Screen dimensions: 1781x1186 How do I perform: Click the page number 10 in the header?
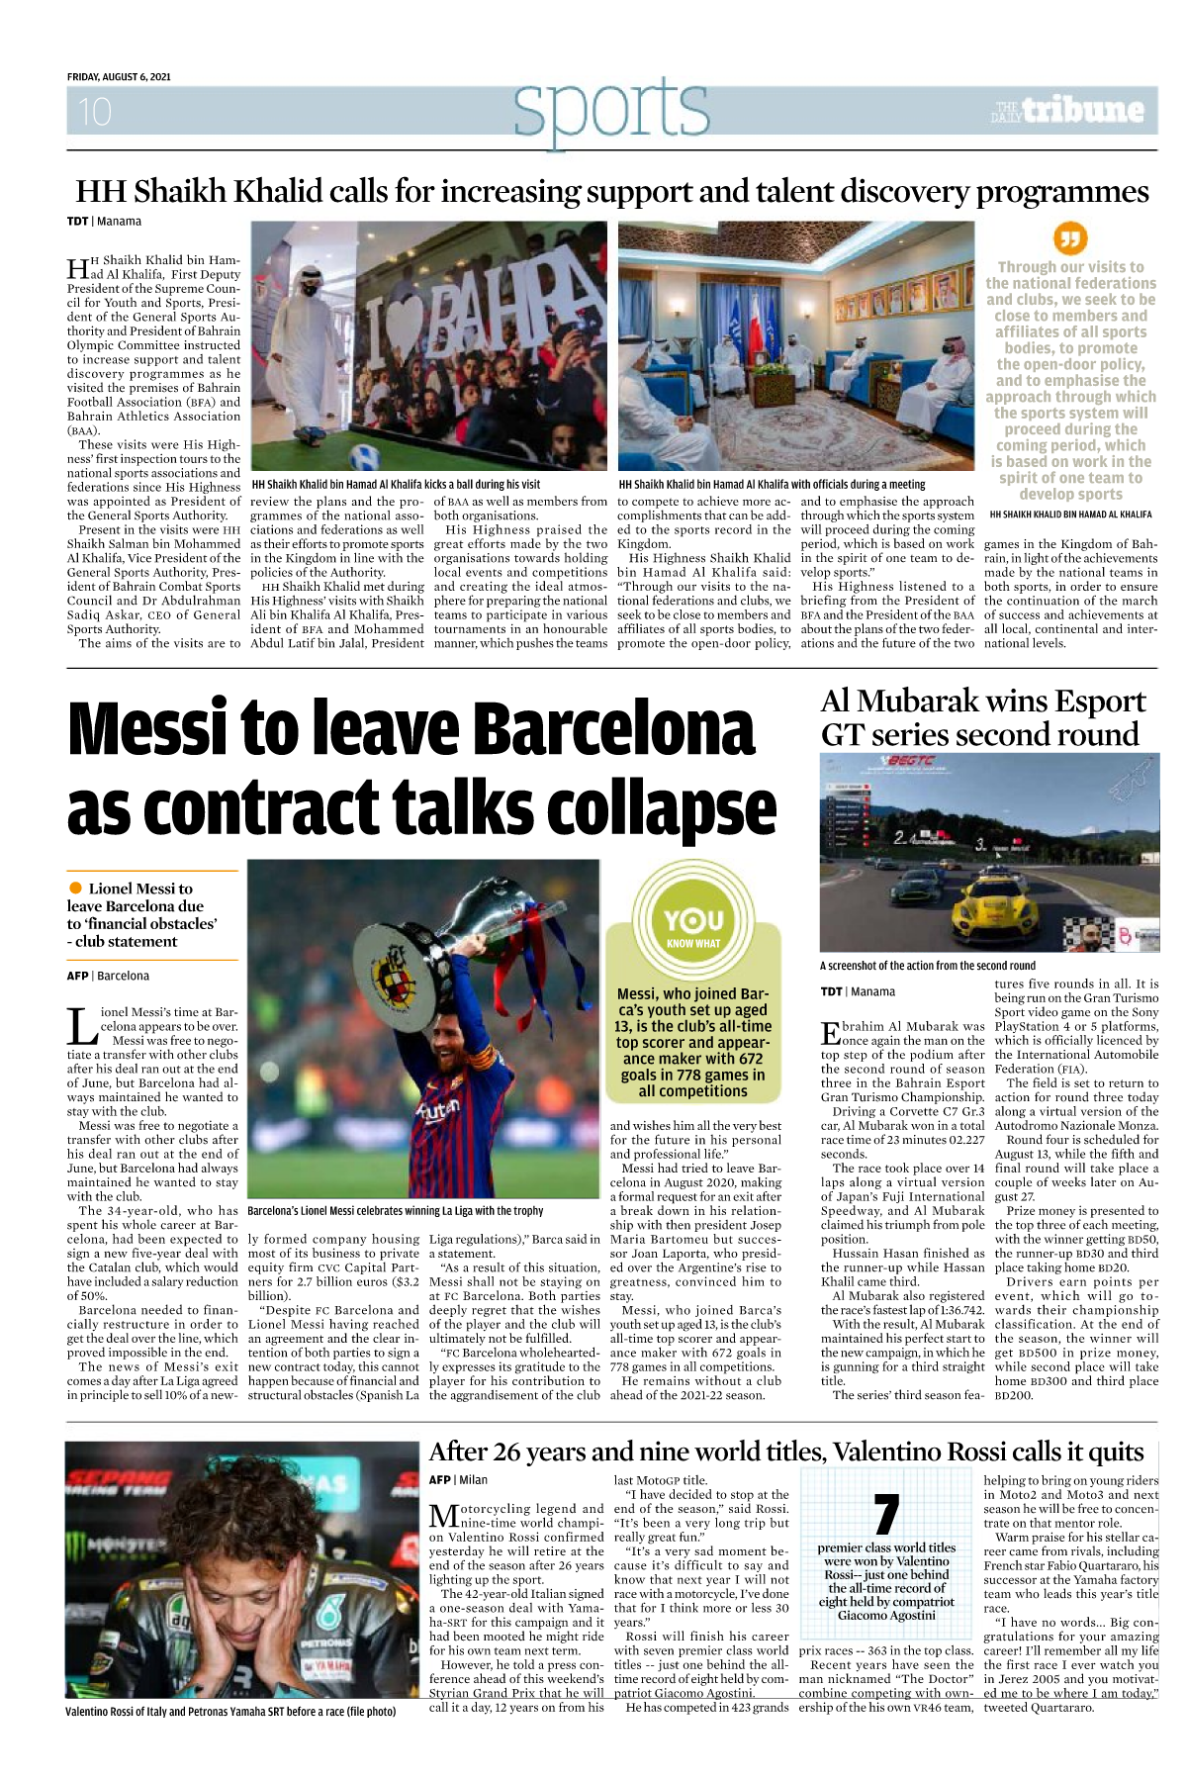pos(95,112)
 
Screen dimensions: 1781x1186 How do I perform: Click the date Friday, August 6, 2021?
pos(119,77)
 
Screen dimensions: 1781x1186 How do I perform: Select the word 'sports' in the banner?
pos(611,110)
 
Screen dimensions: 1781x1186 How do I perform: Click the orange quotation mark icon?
pos(1070,238)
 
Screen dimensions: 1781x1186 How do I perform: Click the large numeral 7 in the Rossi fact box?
pos(886,1515)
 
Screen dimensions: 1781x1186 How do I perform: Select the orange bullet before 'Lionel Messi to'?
pos(75,888)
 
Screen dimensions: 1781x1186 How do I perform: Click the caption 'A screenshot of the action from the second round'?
pos(927,966)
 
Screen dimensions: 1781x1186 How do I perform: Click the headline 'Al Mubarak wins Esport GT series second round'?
pos(982,717)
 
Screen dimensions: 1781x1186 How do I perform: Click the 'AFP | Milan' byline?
pos(458,1480)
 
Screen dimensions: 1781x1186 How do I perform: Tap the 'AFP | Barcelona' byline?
pos(108,976)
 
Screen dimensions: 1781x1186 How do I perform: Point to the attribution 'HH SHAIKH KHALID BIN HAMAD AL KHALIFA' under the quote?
pos(1070,515)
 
